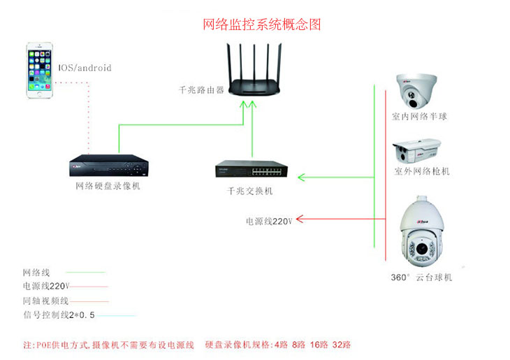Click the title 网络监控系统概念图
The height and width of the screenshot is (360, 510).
[x=262, y=24]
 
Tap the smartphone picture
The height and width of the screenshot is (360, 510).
[x=41, y=71]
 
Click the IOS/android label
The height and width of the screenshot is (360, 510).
[x=85, y=68]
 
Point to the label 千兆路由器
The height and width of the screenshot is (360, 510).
[x=202, y=90]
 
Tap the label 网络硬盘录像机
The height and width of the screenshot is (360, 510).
[x=108, y=186]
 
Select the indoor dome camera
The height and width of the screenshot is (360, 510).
[x=418, y=91]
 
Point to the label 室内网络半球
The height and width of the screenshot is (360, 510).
[x=419, y=117]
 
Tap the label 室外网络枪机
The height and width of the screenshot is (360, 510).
[x=422, y=171]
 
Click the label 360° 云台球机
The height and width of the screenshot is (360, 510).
[x=421, y=278]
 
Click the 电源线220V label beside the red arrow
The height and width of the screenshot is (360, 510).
[x=269, y=221]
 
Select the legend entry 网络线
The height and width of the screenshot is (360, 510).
[x=36, y=272]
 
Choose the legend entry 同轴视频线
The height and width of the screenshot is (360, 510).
[x=46, y=301]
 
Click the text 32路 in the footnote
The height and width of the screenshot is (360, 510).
[x=342, y=345]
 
